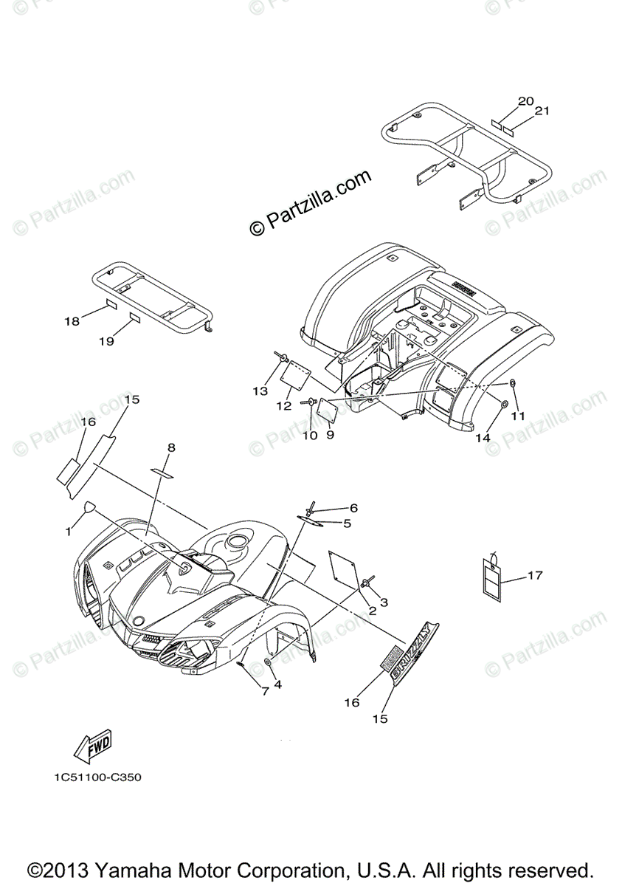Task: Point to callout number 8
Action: coord(171,447)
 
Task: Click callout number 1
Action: coord(69,530)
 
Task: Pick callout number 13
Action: coord(260,391)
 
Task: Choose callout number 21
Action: coord(542,111)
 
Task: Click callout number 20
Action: coord(525,101)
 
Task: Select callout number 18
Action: coord(72,321)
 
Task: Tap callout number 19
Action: coord(106,341)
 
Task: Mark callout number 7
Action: coord(263,691)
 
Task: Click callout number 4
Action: coord(277,684)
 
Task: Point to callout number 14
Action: coord(483,437)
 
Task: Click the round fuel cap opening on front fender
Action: coord(238,543)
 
